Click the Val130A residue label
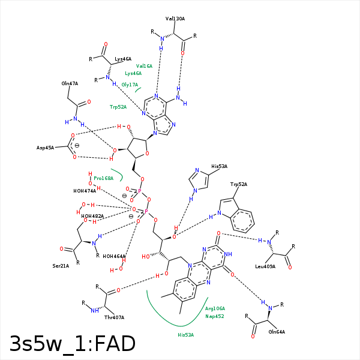coord(175,19)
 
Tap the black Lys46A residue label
coord(123,59)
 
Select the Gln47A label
coord(70,84)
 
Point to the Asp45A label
coord(45,148)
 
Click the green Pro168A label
coord(103,178)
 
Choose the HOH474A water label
coord(85,191)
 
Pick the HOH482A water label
coord(92,216)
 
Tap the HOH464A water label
coord(114,256)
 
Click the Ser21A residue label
coord(61,265)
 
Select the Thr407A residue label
coord(114,317)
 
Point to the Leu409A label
coord(265,266)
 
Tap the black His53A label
coord(220,166)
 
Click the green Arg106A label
coord(215,308)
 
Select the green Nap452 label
coord(214,316)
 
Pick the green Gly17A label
coord(130,85)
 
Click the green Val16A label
coord(144,66)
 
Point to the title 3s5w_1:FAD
coord(72,343)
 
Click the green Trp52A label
coord(118,107)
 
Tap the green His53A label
coord(185,335)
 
